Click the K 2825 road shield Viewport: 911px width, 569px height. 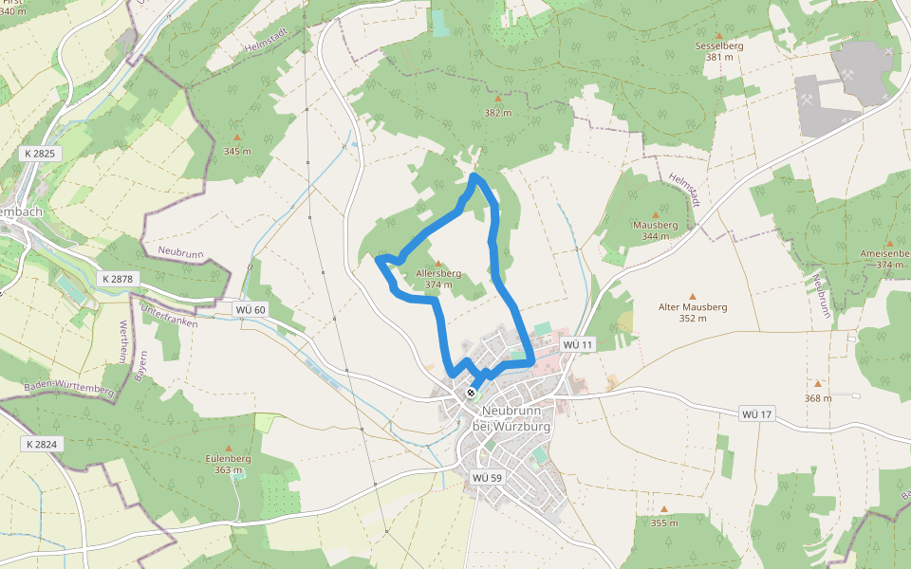pos(41,153)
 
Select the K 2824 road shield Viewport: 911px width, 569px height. pos(43,444)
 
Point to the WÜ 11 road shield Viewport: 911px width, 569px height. pos(577,344)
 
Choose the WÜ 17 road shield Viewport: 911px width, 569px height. pos(757,414)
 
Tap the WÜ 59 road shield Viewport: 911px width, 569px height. pos(486,477)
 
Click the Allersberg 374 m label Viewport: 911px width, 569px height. pos(437,279)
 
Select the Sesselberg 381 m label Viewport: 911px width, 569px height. pos(719,51)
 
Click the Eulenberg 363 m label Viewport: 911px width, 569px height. pos(228,464)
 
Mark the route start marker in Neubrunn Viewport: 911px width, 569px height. pos(471,392)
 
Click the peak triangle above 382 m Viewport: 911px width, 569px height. pos(497,98)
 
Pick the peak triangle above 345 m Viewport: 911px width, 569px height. pos(237,137)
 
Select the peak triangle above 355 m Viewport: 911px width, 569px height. pos(664,509)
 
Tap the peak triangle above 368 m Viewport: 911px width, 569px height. pos(817,384)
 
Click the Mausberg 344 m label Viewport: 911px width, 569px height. pos(655,230)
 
